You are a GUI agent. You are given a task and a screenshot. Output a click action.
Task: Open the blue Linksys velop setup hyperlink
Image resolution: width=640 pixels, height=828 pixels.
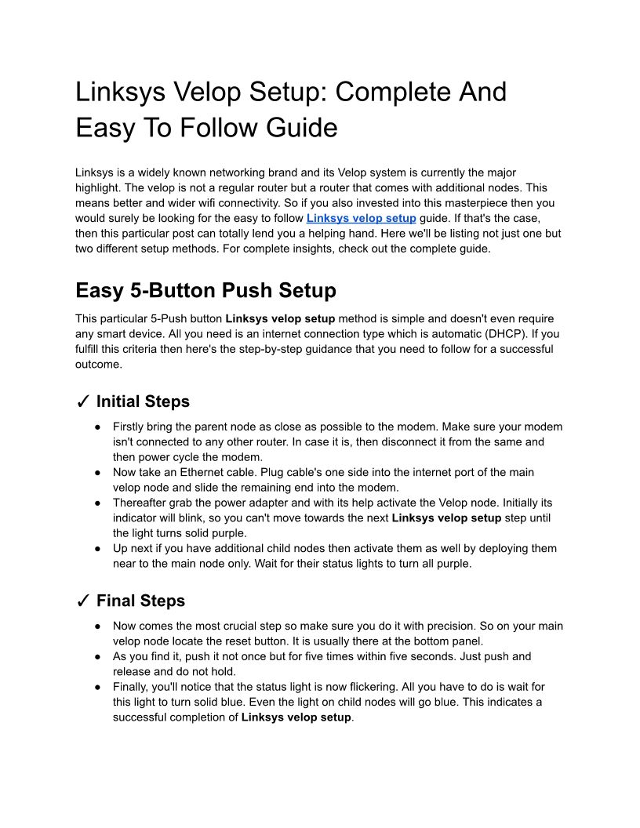pyautogui.click(x=361, y=218)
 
